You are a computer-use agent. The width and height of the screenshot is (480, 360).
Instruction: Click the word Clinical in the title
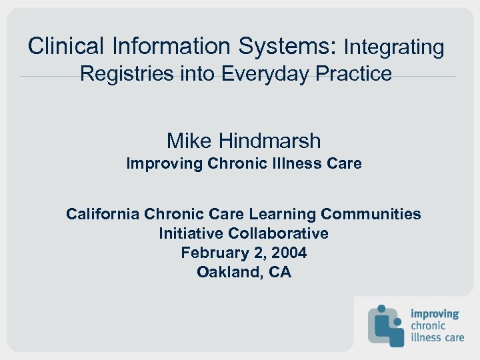click(x=66, y=46)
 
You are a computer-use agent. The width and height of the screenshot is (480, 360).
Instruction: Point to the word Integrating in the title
click(x=393, y=47)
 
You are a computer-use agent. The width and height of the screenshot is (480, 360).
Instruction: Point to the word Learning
click(x=284, y=214)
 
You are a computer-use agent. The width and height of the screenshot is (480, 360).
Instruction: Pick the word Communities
click(x=371, y=214)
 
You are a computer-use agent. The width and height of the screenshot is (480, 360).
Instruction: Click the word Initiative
click(x=191, y=233)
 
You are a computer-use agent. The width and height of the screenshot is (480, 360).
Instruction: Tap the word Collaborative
click(x=279, y=233)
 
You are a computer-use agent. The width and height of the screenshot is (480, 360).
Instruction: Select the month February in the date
click(x=213, y=253)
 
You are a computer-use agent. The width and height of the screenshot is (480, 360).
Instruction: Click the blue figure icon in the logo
click(x=386, y=325)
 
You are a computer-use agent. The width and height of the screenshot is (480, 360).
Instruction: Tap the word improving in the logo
click(x=435, y=313)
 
